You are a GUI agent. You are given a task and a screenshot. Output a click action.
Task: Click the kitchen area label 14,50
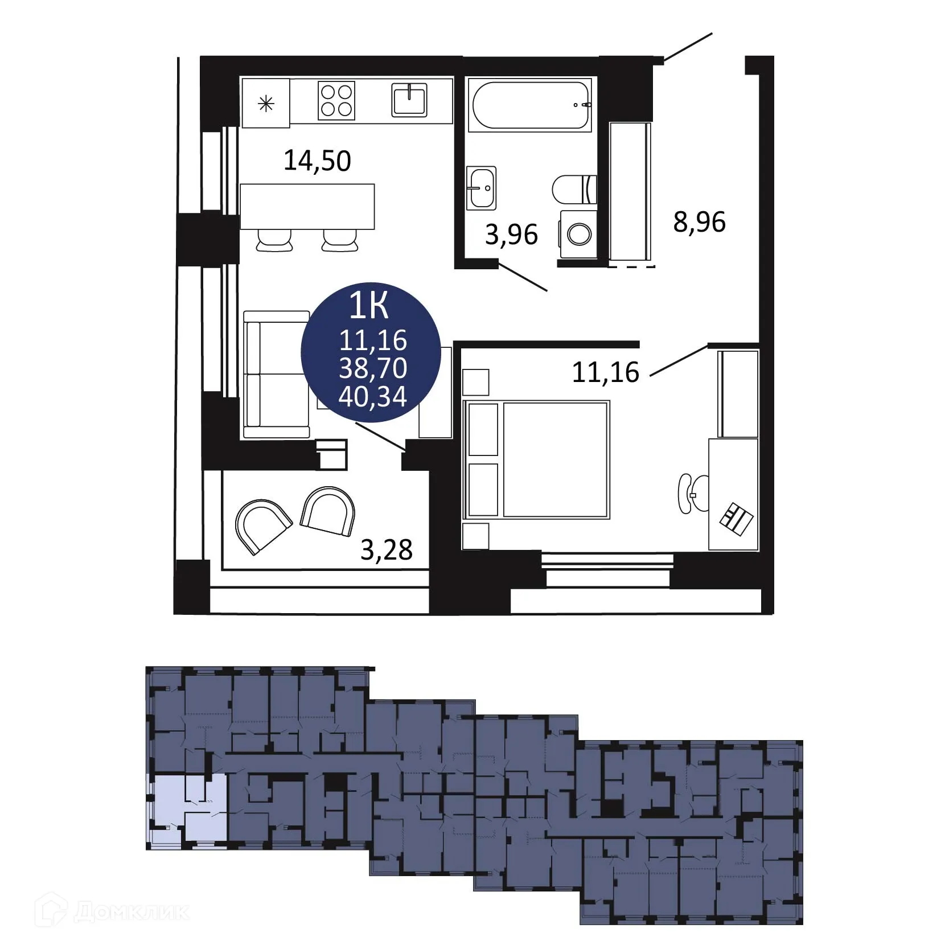tap(317, 161)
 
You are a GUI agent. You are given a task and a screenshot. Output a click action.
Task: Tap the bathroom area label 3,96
tap(511, 235)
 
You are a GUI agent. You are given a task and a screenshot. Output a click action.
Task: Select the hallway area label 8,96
tap(699, 222)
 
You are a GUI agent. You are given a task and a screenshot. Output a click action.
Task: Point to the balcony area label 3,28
tap(387, 550)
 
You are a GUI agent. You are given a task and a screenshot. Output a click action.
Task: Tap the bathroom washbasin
tap(481, 187)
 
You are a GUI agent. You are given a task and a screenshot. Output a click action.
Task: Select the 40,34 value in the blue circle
tap(372, 396)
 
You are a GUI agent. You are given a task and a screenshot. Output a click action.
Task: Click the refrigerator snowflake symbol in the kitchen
tap(265, 104)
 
